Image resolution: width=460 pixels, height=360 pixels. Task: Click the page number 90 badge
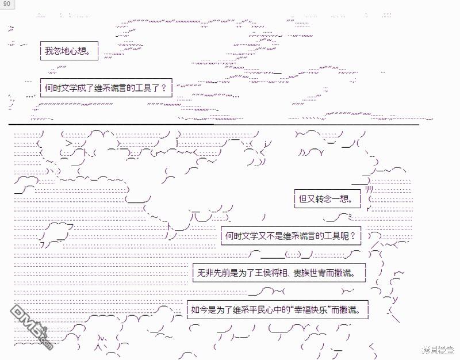[6, 4]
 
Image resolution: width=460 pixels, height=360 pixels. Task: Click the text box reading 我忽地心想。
[69, 51]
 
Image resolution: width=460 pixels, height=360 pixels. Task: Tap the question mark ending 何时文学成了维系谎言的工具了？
[164, 89]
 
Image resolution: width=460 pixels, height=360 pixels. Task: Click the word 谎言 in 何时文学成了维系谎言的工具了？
[117, 89]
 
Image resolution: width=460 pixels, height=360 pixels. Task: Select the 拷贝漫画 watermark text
[438, 350]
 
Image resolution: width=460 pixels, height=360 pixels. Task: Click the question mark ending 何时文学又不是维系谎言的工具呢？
[352, 236]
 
